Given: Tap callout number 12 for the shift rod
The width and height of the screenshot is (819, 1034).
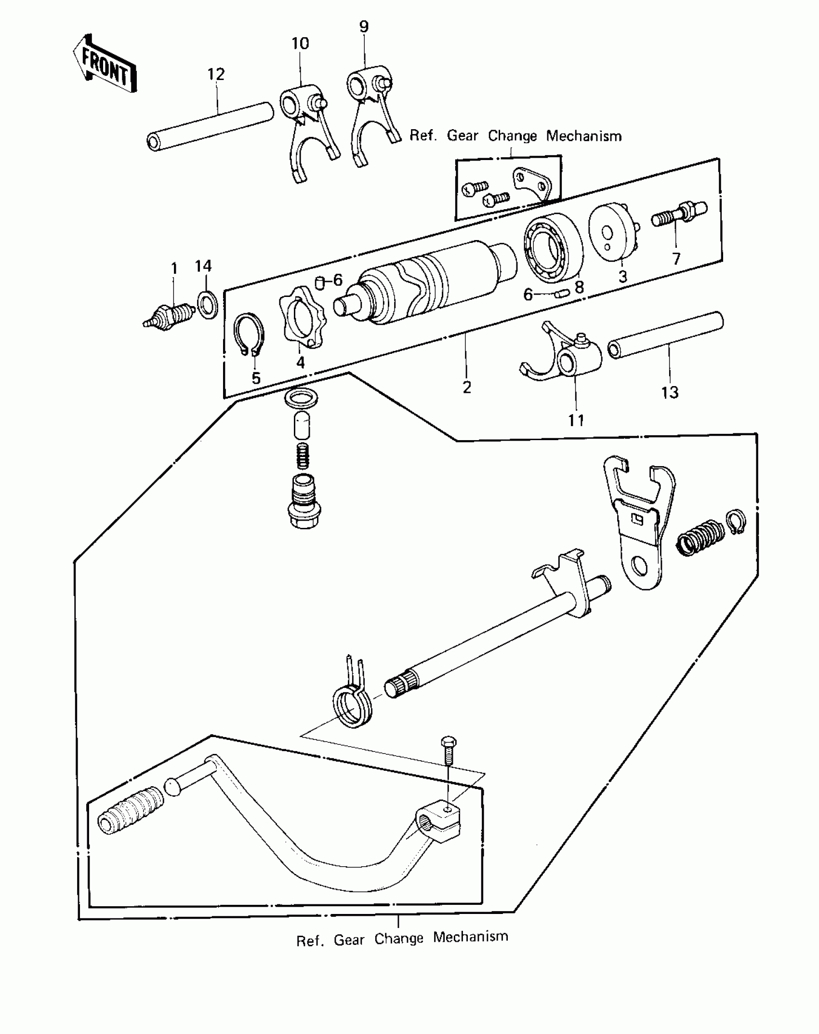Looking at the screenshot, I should click(x=216, y=75).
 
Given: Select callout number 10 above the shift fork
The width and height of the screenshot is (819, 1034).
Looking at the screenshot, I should click(x=300, y=44).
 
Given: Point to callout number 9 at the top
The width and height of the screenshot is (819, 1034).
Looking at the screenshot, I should click(x=364, y=27).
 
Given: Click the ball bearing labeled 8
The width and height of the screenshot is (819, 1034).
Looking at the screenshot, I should click(x=553, y=248).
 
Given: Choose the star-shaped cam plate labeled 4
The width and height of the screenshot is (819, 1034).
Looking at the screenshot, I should click(x=303, y=318).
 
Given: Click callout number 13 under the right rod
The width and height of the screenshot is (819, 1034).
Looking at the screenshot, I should click(x=670, y=393).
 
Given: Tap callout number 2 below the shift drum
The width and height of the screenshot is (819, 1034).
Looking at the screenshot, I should click(x=466, y=387).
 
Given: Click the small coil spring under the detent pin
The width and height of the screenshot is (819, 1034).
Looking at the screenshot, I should click(x=302, y=456).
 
